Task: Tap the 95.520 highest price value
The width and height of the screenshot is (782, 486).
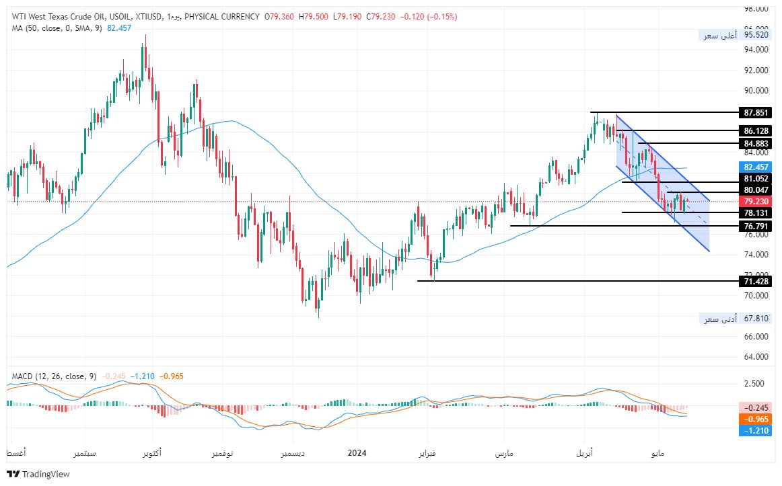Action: tap(756, 35)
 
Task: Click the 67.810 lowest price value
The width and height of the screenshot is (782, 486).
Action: tap(756, 319)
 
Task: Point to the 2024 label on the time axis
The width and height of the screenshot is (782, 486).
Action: tap(357, 453)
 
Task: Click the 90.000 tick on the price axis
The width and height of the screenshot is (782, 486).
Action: tap(756, 91)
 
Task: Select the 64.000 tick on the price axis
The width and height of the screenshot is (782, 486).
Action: tap(756, 356)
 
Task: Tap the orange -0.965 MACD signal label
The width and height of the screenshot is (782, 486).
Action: tap(754, 419)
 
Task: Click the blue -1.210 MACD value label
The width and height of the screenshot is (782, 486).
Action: tap(754, 430)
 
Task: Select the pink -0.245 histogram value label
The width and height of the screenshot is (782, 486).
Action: tap(754, 407)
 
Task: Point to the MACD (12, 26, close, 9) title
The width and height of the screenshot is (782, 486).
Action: tap(54, 376)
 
